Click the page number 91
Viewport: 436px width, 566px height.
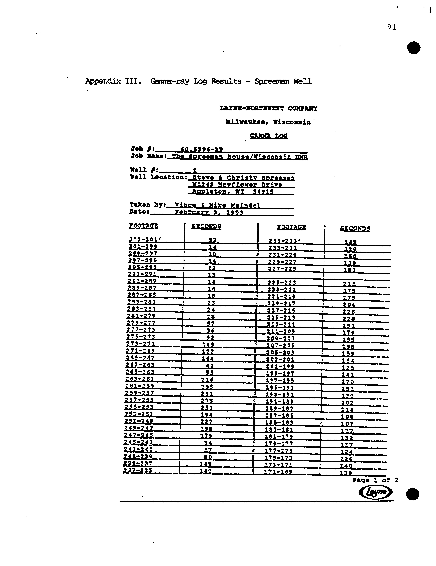(391, 27)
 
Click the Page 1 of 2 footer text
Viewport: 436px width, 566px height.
(375, 480)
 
